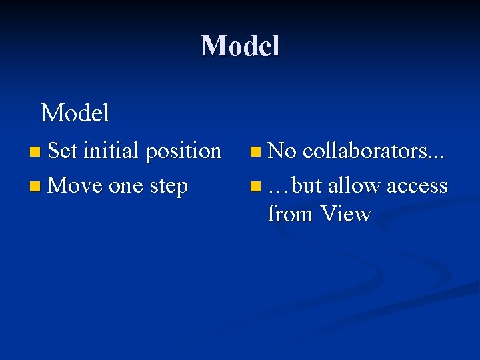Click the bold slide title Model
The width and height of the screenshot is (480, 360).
pyautogui.click(x=240, y=46)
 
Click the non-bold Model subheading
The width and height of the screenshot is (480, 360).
pyautogui.click(x=75, y=113)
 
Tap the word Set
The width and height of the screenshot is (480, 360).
pyautogui.click(x=63, y=151)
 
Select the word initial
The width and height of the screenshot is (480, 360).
pyautogui.click(x=111, y=151)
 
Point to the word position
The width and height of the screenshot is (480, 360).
pyautogui.click(x=183, y=152)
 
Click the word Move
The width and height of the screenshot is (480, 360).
pyautogui.click(x=75, y=185)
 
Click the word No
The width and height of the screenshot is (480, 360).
pyautogui.click(x=282, y=151)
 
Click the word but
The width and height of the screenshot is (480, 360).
pyautogui.click(x=307, y=185)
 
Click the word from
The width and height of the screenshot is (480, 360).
pyautogui.click(x=291, y=214)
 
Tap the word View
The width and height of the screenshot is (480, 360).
pyautogui.click(x=345, y=214)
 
